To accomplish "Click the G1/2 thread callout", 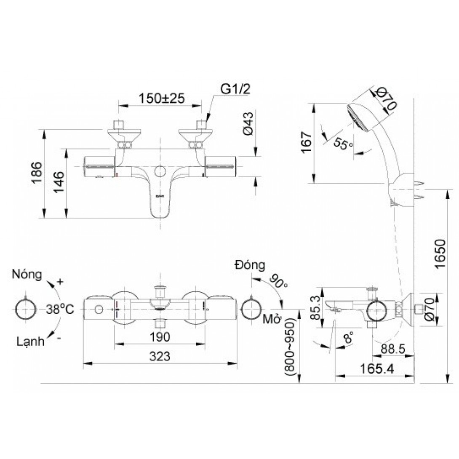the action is click(235, 89).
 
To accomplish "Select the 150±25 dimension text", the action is click(162, 99).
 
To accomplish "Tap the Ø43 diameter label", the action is click(248, 123).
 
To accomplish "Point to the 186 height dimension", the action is click(37, 172).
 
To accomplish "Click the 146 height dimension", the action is click(59, 182).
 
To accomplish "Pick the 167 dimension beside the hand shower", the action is click(306, 142).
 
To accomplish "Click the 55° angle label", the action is click(343, 144).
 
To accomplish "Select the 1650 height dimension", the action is click(440, 254).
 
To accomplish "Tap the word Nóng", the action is click(27, 274).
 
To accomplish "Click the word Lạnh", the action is click(30, 342).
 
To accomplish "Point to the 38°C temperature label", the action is click(60, 310).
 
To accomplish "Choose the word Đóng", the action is click(250, 265).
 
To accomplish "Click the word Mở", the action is click(272, 319).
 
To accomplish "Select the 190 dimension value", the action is click(160, 337).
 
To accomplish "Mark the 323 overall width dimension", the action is click(160, 357).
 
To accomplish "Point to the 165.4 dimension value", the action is click(376, 369).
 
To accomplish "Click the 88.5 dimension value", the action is click(393, 349).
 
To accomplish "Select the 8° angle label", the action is click(348, 337).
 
